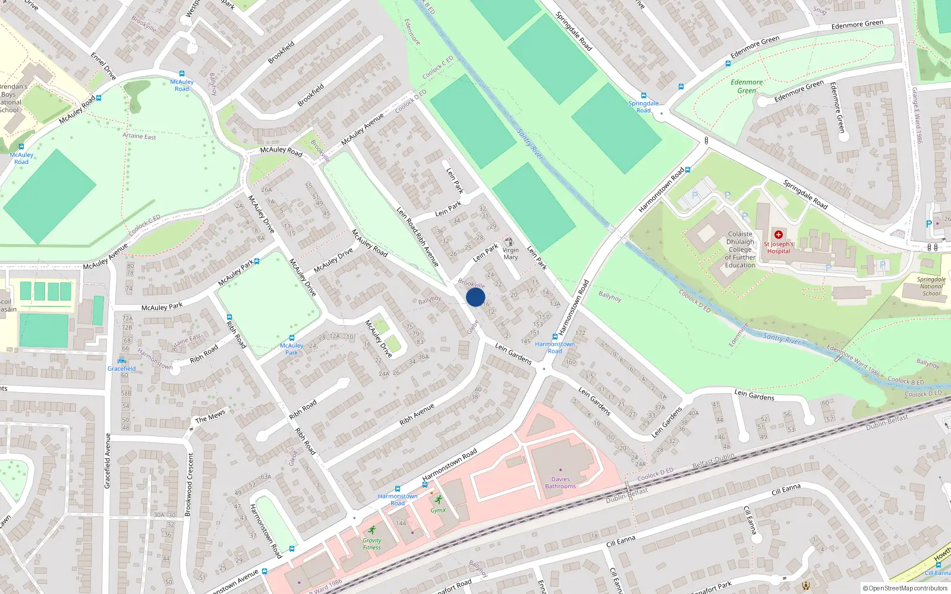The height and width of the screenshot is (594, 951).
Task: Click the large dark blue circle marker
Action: pos(475,297)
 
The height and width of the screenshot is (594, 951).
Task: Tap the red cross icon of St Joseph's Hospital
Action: pos(778,235)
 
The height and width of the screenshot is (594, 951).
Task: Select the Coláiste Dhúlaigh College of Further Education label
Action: pos(740,249)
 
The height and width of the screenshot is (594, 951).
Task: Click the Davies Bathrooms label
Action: pos(560,483)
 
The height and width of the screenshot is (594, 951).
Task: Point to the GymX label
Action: pos(438,510)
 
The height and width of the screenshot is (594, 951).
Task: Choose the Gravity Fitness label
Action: pos(372,544)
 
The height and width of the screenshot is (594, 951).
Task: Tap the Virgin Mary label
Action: pos(511,254)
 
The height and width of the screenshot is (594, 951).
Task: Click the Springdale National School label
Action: pos(931,286)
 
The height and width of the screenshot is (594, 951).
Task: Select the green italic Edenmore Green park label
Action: pos(747,86)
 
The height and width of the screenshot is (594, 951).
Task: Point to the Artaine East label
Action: pos(139,136)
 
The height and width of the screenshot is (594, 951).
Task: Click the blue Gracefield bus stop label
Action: pos(122,368)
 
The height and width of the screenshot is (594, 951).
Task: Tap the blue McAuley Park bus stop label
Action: pos(291,349)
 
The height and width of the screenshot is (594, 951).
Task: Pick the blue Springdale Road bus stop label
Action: pos(643,107)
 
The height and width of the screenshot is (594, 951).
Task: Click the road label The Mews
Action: pos(210,416)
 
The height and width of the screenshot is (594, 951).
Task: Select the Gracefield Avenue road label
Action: pos(108,461)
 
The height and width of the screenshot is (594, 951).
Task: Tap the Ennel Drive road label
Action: pos(103,66)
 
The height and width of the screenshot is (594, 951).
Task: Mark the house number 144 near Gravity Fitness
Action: pos(401,523)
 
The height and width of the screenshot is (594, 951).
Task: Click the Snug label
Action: pos(820,10)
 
